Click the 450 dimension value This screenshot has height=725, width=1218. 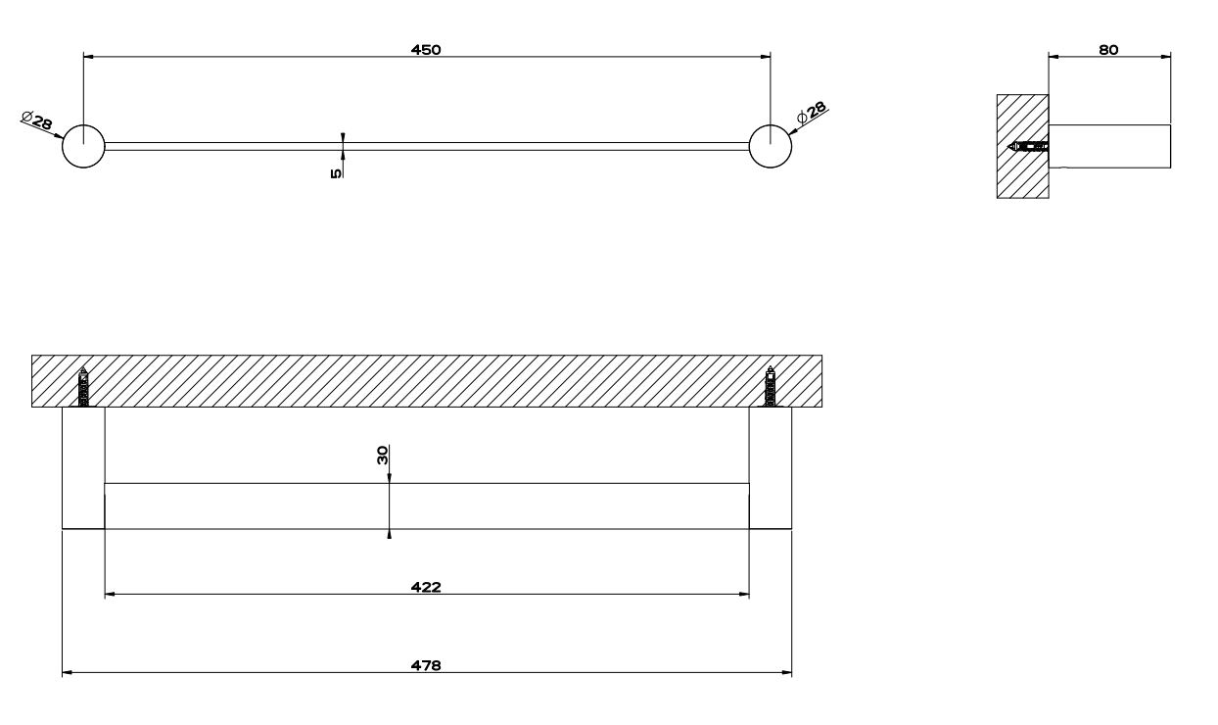tap(426, 50)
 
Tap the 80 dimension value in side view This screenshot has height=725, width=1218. tap(1108, 50)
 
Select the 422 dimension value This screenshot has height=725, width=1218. tap(426, 587)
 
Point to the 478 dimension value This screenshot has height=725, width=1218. tap(426, 665)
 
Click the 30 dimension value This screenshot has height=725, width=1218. tap(383, 455)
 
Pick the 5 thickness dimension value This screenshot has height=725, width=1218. tap(336, 173)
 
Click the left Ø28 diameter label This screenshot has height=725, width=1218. tap(37, 121)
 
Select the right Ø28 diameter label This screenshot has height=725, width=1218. tap(812, 112)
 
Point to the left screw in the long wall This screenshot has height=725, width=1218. tap(83, 387)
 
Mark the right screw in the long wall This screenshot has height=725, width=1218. tap(770, 387)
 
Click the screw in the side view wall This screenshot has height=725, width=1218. tap(1028, 146)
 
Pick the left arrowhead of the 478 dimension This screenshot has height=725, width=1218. tap(67, 673)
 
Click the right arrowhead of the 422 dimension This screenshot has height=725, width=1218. tap(744, 595)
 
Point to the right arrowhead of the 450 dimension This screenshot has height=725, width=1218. tap(766, 56)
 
